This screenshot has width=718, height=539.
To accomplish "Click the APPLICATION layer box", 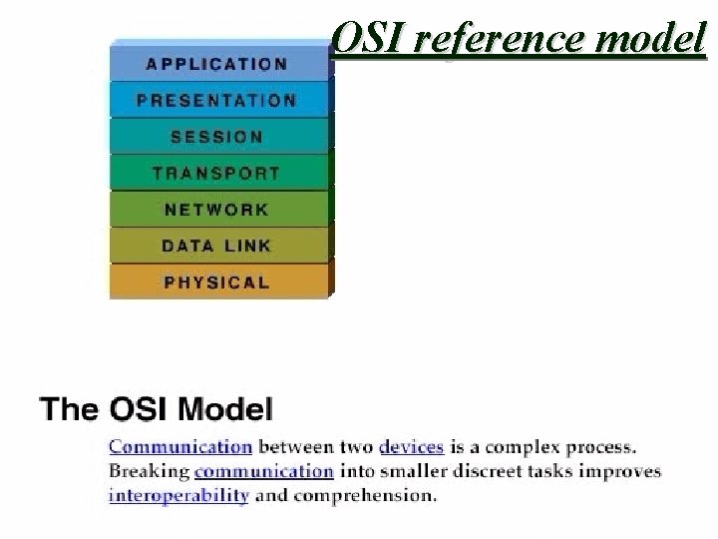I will click(x=216, y=63).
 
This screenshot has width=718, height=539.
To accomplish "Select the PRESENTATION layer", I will click(x=216, y=100).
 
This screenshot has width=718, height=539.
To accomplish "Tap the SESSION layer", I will click(x=216, y=137).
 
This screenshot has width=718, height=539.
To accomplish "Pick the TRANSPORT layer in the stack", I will click(x=216, y=173).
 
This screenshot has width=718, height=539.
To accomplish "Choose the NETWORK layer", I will click(x=216, y=210).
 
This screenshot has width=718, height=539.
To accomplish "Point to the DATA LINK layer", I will click(x=216, y=246).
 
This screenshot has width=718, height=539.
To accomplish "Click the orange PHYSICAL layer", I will click(x=216, y=281).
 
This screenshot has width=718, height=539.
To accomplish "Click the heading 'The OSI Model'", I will click(x=154, y=410).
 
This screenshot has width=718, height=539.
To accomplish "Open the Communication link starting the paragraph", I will click(x=179, y=446).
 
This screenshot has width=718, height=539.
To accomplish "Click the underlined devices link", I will click(x=410, y=446).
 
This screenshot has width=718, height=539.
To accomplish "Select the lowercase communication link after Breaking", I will click(x=263, y=470).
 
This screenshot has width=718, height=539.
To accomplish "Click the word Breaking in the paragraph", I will click(x=150, y=470).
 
